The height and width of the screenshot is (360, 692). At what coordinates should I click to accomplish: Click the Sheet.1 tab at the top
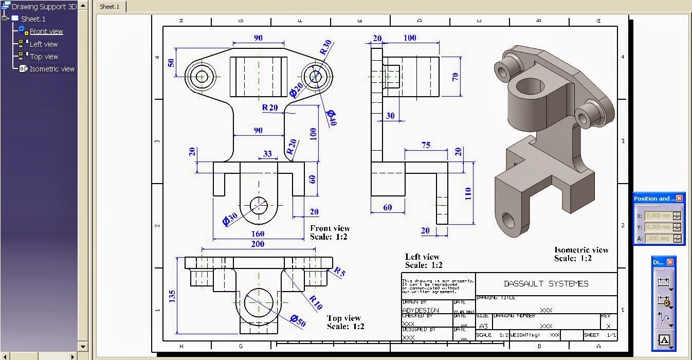tap(109, 7)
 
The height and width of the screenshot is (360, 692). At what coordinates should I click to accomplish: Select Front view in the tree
tap(46, 31)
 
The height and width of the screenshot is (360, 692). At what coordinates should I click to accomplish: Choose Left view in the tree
tap(43, 44)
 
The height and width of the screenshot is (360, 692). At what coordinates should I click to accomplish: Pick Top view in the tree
tap(44, 57)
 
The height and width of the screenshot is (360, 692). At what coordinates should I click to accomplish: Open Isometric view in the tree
tap(52, 69)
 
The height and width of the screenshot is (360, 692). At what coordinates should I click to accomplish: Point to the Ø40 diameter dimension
tap(330, 117)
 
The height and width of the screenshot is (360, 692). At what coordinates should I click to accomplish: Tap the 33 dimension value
tap(267, 153)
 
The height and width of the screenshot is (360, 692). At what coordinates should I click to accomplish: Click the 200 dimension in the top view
tap(258, 244)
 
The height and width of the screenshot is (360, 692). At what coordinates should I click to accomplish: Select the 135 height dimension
tap(172, 296)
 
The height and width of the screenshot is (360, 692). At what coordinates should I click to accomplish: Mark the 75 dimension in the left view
tap(426, 146)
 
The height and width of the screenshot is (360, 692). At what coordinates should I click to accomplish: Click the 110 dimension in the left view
tap(468, 193)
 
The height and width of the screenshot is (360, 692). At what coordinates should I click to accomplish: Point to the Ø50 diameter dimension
tap(297, 320)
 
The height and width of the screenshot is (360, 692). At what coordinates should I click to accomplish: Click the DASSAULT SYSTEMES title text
tap(546, 283)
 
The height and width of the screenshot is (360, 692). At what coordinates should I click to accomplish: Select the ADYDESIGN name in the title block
tap(420, 310)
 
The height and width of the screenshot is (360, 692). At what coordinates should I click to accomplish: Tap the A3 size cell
tap(483, 326)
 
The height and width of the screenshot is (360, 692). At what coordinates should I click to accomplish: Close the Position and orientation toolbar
tap(679, 199)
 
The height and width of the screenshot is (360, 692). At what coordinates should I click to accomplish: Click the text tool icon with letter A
tap(664, 340)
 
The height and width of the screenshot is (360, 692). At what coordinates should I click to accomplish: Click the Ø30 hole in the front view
tap(259, 205)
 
